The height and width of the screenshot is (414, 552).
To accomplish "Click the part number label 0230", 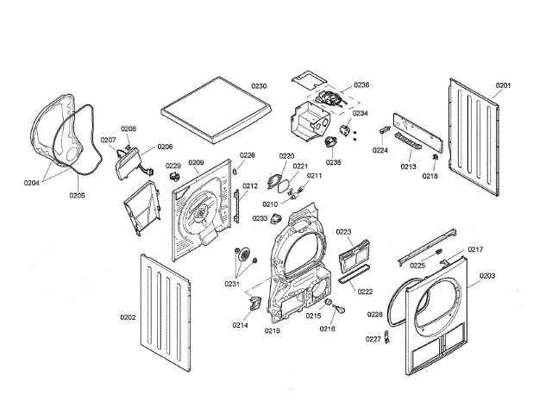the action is coord(259,86).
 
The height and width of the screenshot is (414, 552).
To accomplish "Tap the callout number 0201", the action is coord(503,85).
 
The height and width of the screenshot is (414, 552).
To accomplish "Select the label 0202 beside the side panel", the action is coord(128,317).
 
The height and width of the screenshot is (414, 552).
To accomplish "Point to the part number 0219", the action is coord(273,330).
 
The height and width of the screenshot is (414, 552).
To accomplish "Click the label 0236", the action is coord(361,85).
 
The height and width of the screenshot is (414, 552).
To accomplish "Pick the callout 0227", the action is coord(373,339).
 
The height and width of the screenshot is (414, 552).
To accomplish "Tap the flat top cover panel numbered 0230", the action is coord(216,110).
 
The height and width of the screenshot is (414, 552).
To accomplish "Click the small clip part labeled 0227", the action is coord(387,337).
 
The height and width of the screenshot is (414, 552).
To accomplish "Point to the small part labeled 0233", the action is coord(276,218).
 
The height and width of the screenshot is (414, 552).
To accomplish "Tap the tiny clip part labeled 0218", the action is coord(436,157).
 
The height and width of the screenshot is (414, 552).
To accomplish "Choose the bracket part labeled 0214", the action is coord(255,303).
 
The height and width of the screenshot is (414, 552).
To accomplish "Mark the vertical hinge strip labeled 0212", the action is coord(236,206).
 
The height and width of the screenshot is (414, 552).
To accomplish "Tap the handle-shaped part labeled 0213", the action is coord(410,141).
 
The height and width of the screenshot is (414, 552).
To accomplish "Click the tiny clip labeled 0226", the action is coord(235,171).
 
